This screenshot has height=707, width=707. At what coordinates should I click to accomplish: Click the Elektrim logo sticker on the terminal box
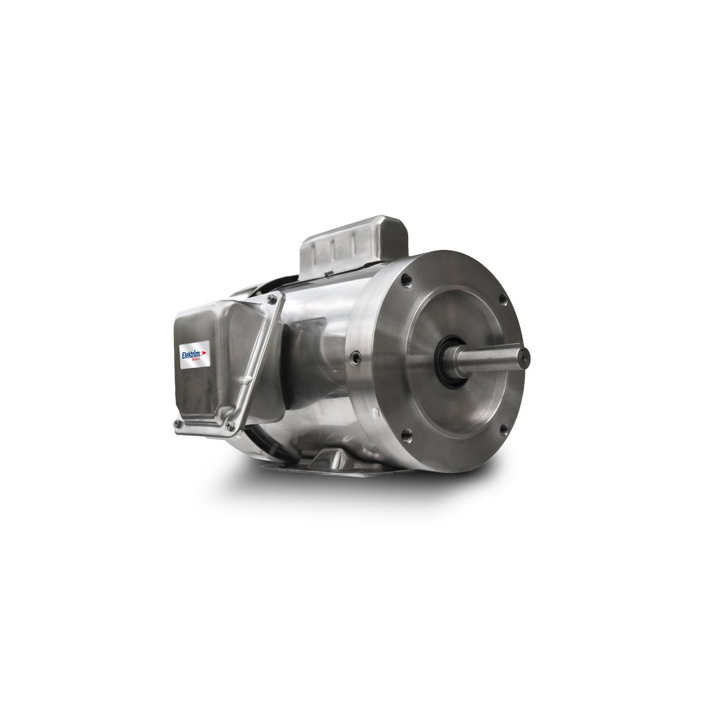click(x=194, y=353)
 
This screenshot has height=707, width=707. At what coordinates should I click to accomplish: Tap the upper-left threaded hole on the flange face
click(x=406, y=281)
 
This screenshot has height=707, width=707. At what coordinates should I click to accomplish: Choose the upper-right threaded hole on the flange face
click(x=503, y=300)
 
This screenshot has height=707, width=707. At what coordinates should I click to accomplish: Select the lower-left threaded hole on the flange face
click(x=406, y=434)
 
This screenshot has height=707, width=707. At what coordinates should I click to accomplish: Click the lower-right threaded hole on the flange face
click(x=503, y=429)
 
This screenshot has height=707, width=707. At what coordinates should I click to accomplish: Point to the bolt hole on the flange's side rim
click(x=355, y=358)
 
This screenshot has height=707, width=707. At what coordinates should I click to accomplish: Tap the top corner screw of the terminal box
click(x=273, y=299)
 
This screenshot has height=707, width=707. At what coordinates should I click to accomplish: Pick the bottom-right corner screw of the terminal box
click(x=229, y=426)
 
